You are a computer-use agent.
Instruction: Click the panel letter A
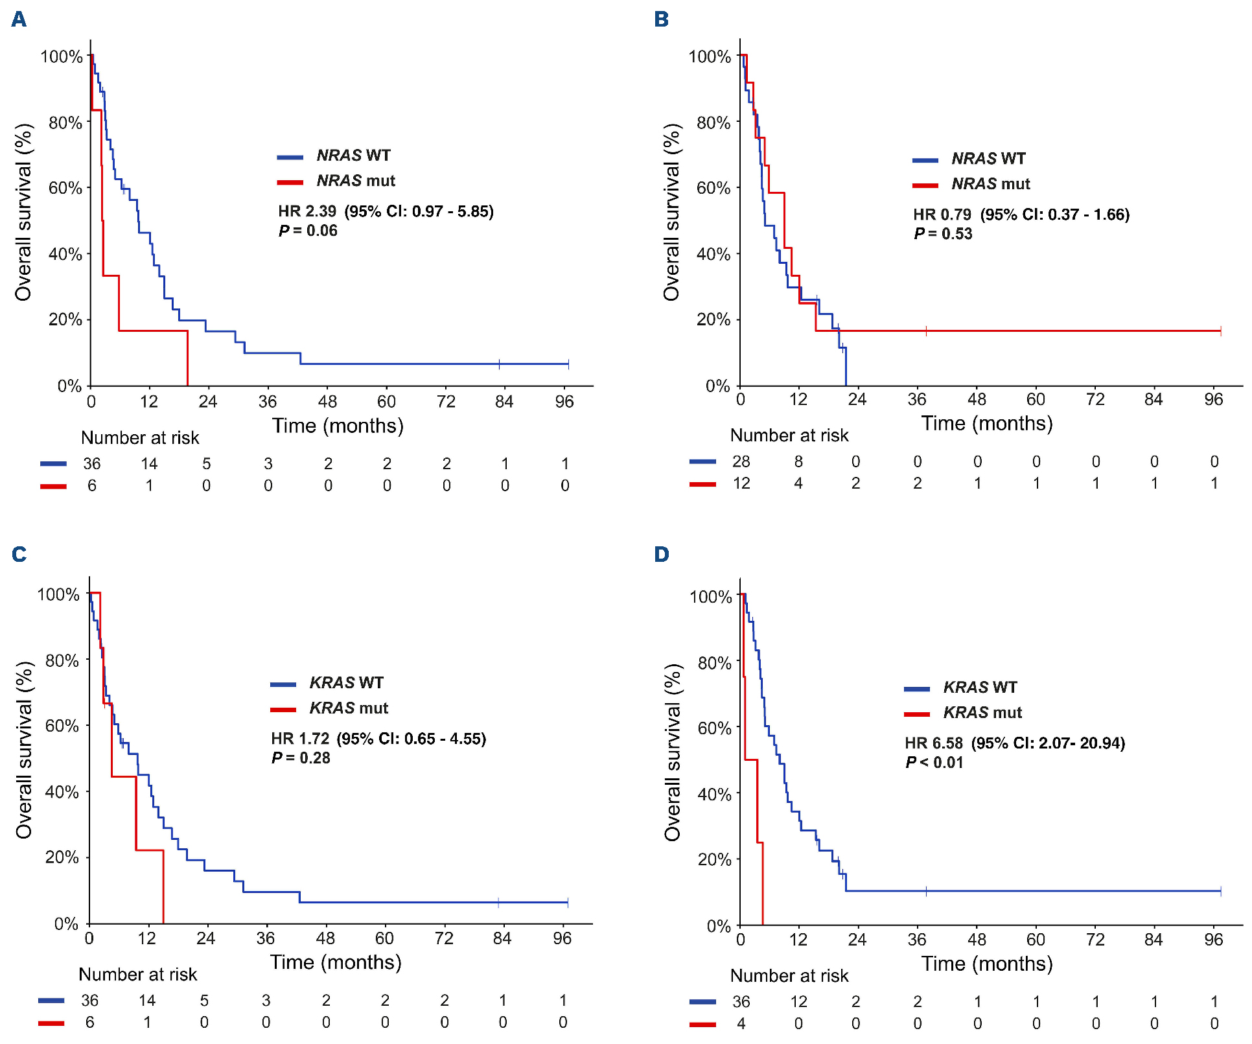pos(19,19)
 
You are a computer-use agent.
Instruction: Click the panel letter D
pos(661,555)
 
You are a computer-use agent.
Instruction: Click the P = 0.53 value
pos(943,234)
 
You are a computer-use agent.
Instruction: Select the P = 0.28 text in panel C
pos(301,758)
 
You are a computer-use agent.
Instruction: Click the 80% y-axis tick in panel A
pos(65,122)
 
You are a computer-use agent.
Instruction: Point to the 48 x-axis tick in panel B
pos(977,400)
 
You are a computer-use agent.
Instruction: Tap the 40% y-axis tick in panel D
pos(714,795)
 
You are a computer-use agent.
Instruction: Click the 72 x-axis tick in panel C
pos(444,938)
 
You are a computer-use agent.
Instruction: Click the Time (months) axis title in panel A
pos(338,426)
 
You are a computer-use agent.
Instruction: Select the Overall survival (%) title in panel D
pos(673,752)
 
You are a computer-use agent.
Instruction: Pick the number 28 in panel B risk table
pos(741,461)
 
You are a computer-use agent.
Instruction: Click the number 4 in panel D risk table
pos(741,1024)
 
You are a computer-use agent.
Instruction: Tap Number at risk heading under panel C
pos(137,975)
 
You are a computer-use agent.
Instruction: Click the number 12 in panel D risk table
pos(798,1002)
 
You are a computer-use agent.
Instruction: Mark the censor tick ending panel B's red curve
pos(1220,331)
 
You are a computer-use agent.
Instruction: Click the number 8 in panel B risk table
pos(798,461)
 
